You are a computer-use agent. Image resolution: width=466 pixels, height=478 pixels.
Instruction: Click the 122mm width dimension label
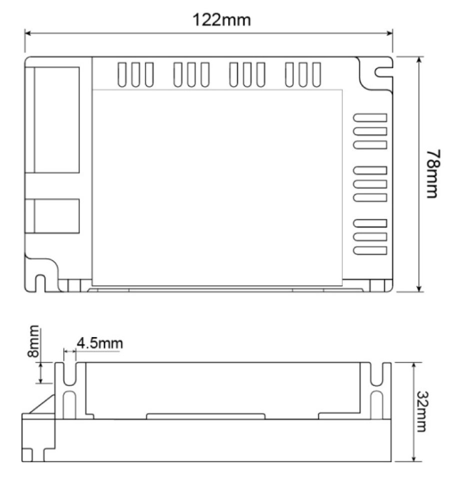222,20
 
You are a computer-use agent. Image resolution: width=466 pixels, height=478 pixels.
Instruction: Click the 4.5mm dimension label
99,343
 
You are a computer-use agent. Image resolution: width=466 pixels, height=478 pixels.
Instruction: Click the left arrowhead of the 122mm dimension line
28,34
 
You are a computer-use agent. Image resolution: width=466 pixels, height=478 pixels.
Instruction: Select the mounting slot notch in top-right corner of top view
382,71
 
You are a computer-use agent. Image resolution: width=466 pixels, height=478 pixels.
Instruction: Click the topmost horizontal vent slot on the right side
370,118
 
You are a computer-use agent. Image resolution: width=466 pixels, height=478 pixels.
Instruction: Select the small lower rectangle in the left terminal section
56,216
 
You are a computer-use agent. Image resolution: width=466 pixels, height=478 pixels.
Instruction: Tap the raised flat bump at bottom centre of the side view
204,416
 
